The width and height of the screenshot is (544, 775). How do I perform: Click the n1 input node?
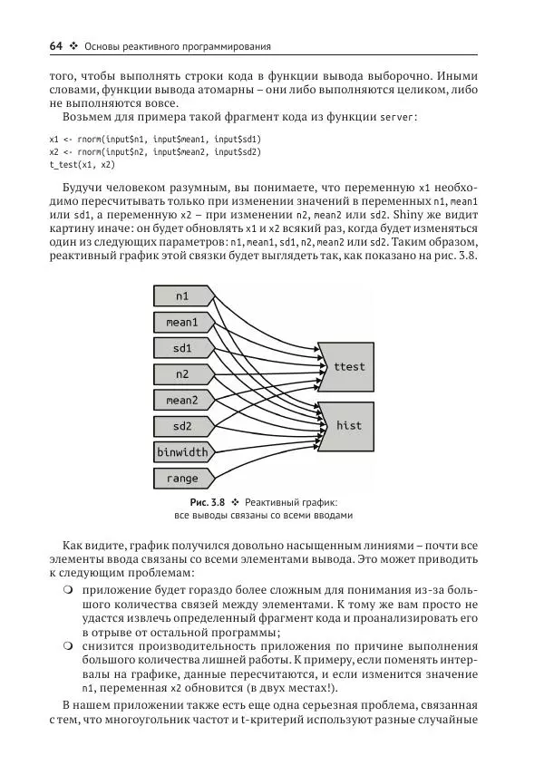click(x=182, y=295)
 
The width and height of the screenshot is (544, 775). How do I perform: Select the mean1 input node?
click(x=182, y=322)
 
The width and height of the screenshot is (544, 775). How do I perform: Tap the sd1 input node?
click(x=182, y=348)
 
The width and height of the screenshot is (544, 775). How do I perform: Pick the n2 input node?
click(x=182, y=373)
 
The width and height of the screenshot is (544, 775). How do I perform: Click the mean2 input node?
click(x=182, y=400)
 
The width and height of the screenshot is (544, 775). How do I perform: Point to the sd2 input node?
click(x=182, y=426)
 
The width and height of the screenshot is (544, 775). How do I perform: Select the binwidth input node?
click(x=182, y=451)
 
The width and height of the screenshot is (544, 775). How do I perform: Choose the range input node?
click(x=182, y=478)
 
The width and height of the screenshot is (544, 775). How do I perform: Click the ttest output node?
click(x=348, y=367)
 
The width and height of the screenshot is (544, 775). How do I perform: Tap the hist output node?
click(x=348, y=425)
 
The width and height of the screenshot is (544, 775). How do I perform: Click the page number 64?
click(x=56, y=46)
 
